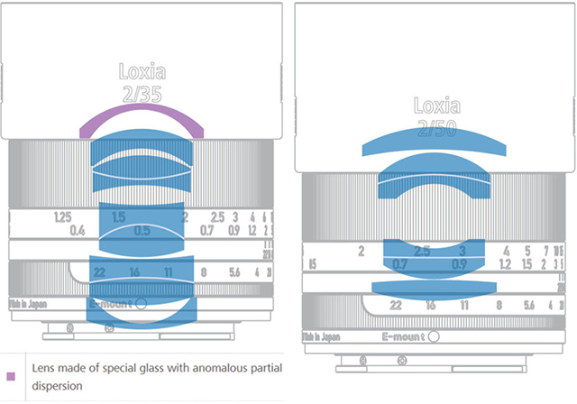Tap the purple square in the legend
10,375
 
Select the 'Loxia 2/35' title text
142,80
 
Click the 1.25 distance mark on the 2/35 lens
62,217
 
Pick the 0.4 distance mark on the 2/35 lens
78,231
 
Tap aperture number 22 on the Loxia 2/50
395,306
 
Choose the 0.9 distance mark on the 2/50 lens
459,264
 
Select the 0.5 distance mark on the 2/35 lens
142,231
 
